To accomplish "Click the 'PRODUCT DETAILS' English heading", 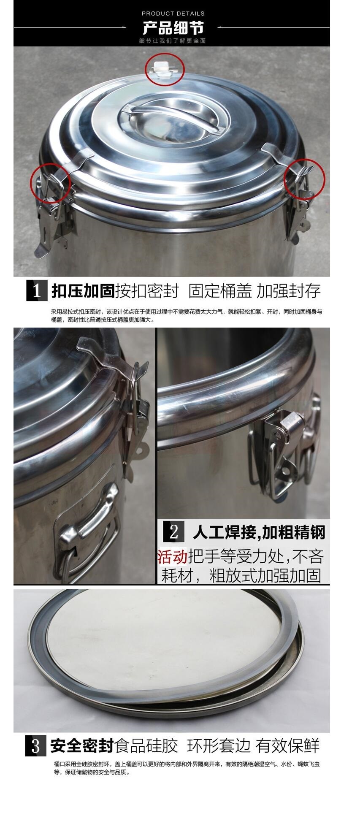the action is pyautogui.click(x=173, y=14).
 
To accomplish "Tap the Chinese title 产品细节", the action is pyautogui.click(x=173, y=28).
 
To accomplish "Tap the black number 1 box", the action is pyautogui.click(x=37, y=290).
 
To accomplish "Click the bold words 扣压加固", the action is pyautogui.click(x=83, y=291).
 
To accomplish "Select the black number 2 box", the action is pyautogui.click(x=173, y=531).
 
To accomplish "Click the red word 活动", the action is pyautogui.click(x=172, y=557).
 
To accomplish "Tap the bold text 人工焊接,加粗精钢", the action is pyautogui.click(x=259, y=532).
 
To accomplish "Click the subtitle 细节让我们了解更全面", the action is pyautogui.click(x=173, y=41).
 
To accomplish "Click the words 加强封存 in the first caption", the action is pyautogui.click(x=289, y=291).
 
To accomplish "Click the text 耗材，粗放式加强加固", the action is pyautogui.click(x=241, y=575).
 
